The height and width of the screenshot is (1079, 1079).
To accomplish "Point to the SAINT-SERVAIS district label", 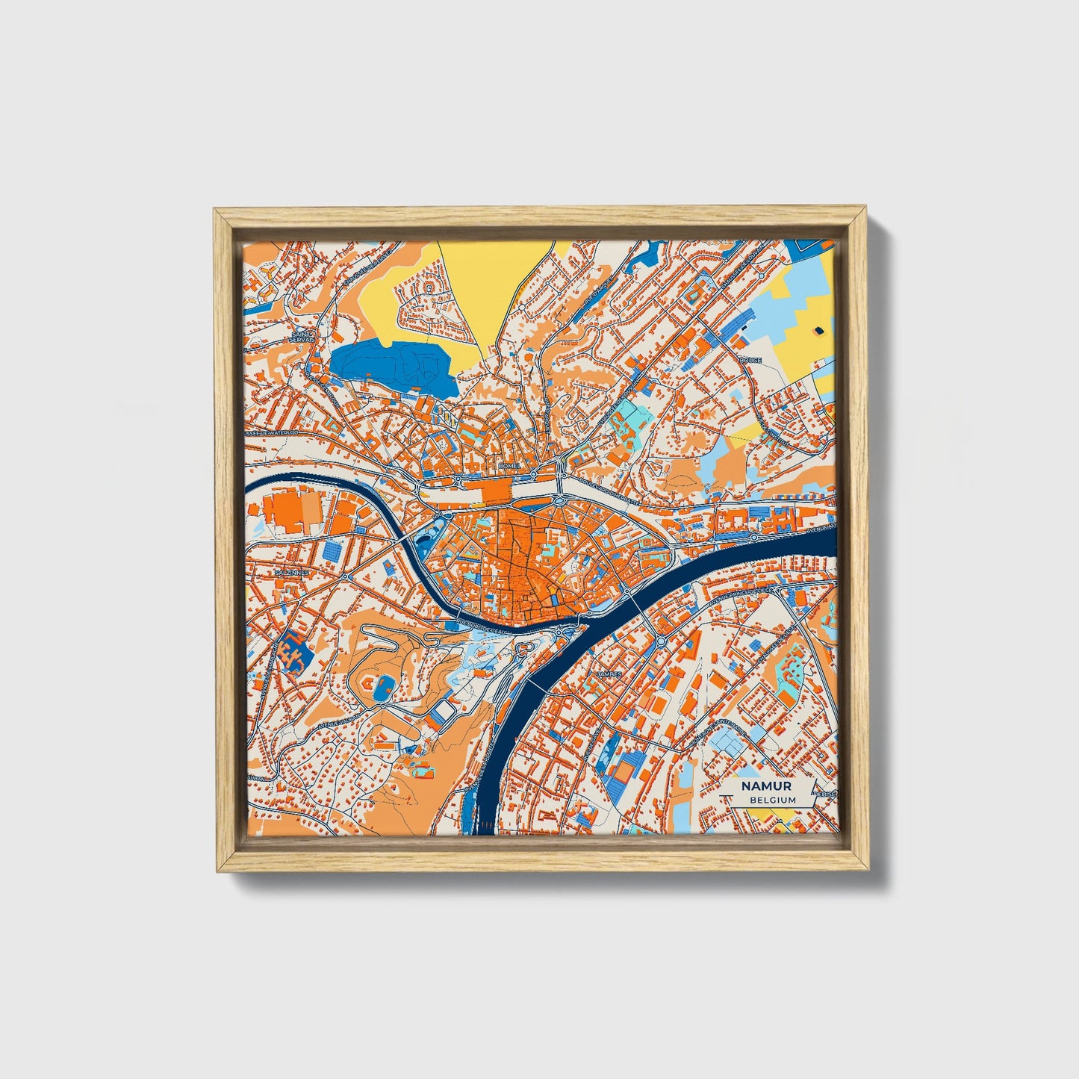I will [305, 337].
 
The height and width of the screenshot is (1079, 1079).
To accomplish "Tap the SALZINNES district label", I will [290, 572].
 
